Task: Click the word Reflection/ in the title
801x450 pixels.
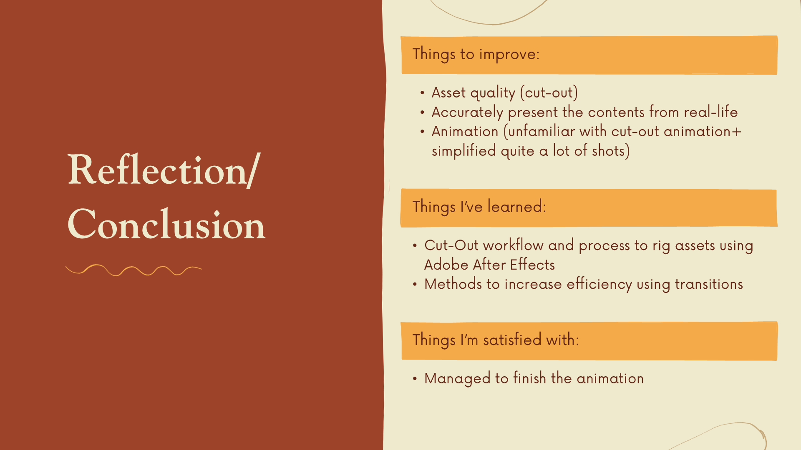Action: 164,170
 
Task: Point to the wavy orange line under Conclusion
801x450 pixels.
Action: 133,270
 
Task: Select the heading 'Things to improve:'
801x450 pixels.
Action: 476,55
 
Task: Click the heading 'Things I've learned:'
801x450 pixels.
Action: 479,207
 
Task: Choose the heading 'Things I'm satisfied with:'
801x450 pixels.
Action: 496,340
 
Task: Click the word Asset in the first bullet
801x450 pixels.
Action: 448,92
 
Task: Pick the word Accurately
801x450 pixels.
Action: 467,112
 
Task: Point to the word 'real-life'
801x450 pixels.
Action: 711,112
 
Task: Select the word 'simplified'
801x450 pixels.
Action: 464,151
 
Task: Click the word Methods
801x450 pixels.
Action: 453,284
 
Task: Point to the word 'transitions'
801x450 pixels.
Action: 709,284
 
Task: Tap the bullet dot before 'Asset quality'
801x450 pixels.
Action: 422,93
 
